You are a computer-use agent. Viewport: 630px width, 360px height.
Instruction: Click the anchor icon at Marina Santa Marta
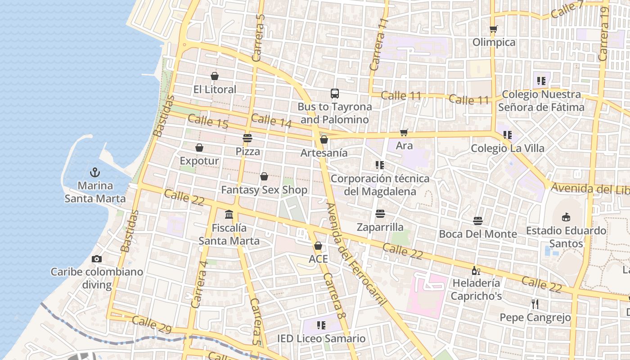(x=95, y=172)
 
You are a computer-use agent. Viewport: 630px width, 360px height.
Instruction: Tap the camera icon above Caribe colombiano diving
(x=96, y=259)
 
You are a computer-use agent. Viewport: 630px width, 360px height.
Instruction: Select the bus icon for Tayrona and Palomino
(x=335, y=94)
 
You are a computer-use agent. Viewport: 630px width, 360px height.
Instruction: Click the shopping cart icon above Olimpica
(x=494, y=29)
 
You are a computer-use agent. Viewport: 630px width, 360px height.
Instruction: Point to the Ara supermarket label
(x=404, y=145)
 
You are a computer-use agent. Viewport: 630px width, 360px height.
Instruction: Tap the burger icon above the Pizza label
(x=247, y=138)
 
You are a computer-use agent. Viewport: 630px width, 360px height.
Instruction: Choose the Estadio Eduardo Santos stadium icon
(x=566, y=217)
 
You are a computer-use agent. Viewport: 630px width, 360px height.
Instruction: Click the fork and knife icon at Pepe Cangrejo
(x=535, y=304)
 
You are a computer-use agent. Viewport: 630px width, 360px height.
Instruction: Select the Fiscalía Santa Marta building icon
(x=229, y=214)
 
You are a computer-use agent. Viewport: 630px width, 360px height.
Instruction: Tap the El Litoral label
(x=215, y=90)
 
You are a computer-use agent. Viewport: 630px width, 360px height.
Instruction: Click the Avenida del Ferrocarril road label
(x=356, y=254)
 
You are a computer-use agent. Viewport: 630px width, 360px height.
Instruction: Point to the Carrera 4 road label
(x=199, y=284)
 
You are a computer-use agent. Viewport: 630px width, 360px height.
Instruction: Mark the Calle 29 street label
(x=152, y=325)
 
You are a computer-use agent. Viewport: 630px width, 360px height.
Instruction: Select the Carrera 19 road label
(x=604, y=34)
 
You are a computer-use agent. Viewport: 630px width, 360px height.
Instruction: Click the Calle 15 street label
(x=208, y=121)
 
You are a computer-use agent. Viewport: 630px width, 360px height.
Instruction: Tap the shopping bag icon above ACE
(x=318, y=246)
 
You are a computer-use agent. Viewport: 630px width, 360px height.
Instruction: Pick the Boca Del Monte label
(x=478, y=234)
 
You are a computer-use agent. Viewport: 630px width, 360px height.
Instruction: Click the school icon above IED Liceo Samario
(x=321, y=325)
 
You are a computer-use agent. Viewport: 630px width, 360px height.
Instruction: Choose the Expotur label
(x=199, y=161)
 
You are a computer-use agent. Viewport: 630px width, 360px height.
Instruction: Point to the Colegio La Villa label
(x=507, y=148)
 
